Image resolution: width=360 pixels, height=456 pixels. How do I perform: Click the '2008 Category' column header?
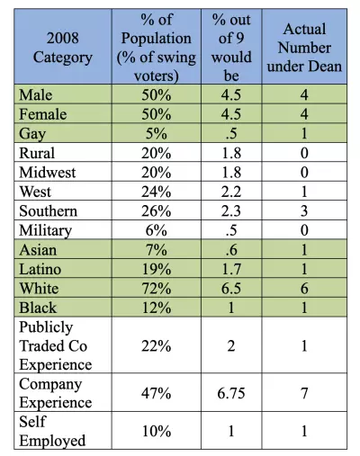(x=63, y=48)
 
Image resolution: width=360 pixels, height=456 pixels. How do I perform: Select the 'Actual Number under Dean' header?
(x=304, y=48)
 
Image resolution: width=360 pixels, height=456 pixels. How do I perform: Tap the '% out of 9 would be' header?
(x=231, y=48)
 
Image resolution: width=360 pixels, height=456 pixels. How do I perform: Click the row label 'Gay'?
(x=32, y=134)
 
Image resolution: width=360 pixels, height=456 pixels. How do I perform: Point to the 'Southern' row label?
(x=49, y=210)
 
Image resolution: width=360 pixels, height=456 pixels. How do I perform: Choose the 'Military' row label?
(x=46, y=230)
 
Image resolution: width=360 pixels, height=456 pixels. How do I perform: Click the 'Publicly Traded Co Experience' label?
(x=56, y=345)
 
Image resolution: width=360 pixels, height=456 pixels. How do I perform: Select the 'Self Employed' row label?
(x=52, y=431)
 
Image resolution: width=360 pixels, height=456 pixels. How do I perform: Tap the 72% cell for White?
(x=157, y=289)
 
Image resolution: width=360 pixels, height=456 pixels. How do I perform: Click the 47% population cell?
(x=157, y=393)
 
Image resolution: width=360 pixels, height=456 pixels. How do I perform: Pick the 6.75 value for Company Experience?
(x=231, y=393)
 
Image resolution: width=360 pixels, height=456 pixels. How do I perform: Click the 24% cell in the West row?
(x=157, y=192)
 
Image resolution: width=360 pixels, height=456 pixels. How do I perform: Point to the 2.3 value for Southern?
(x=231, y=210)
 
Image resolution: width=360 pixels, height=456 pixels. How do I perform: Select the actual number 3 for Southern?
(x=304, y=210)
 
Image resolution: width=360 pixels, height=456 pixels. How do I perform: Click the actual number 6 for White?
(x=304, y=289)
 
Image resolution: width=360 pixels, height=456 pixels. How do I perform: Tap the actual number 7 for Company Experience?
(x=304, y=393)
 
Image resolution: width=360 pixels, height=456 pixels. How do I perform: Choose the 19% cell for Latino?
(x=157, y=269)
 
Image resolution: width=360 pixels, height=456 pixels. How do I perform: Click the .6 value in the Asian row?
(x=231, y=250)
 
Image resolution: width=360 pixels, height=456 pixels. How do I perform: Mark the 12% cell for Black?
(x=157, y=308)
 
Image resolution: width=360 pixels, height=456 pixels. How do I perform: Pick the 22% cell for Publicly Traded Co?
(x=157, y=346)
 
